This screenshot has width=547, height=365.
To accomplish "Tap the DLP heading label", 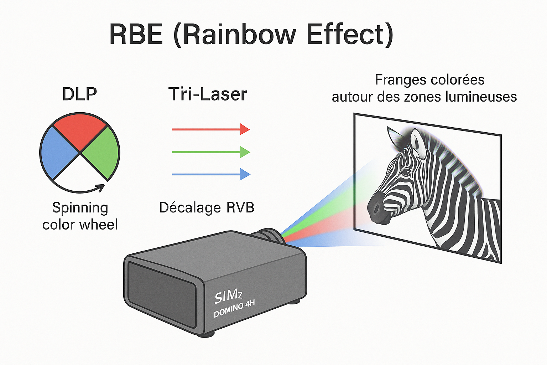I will pyautogui.click(x=79, y=94).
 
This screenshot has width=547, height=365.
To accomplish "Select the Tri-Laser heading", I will pyautogui.click(x=208, y=94).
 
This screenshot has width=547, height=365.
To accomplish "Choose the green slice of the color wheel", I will pyautogui.click(x=102, y=153).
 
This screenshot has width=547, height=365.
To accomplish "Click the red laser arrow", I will pyautogui.click(x=210, y=129).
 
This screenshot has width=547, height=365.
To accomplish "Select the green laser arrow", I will pyautogui.click(x=210, y=152).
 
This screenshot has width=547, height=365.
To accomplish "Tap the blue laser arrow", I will pyautogui.click(x=210, y=174).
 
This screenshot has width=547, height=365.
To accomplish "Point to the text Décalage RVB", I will pyautogui.click(x=207, y=208).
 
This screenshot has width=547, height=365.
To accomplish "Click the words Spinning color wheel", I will pyautogui.click(x=80, y=216).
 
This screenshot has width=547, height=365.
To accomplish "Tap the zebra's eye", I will pyautogui.click(x=406, y=172).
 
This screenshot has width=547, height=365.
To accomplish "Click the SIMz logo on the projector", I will pyautogui.click(x=228, y=296).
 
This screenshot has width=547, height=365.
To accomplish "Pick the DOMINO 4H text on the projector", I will pyautogui.click(x=234, y=309).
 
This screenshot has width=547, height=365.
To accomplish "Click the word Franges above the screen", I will pyautogui.click(x=395, y=80).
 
